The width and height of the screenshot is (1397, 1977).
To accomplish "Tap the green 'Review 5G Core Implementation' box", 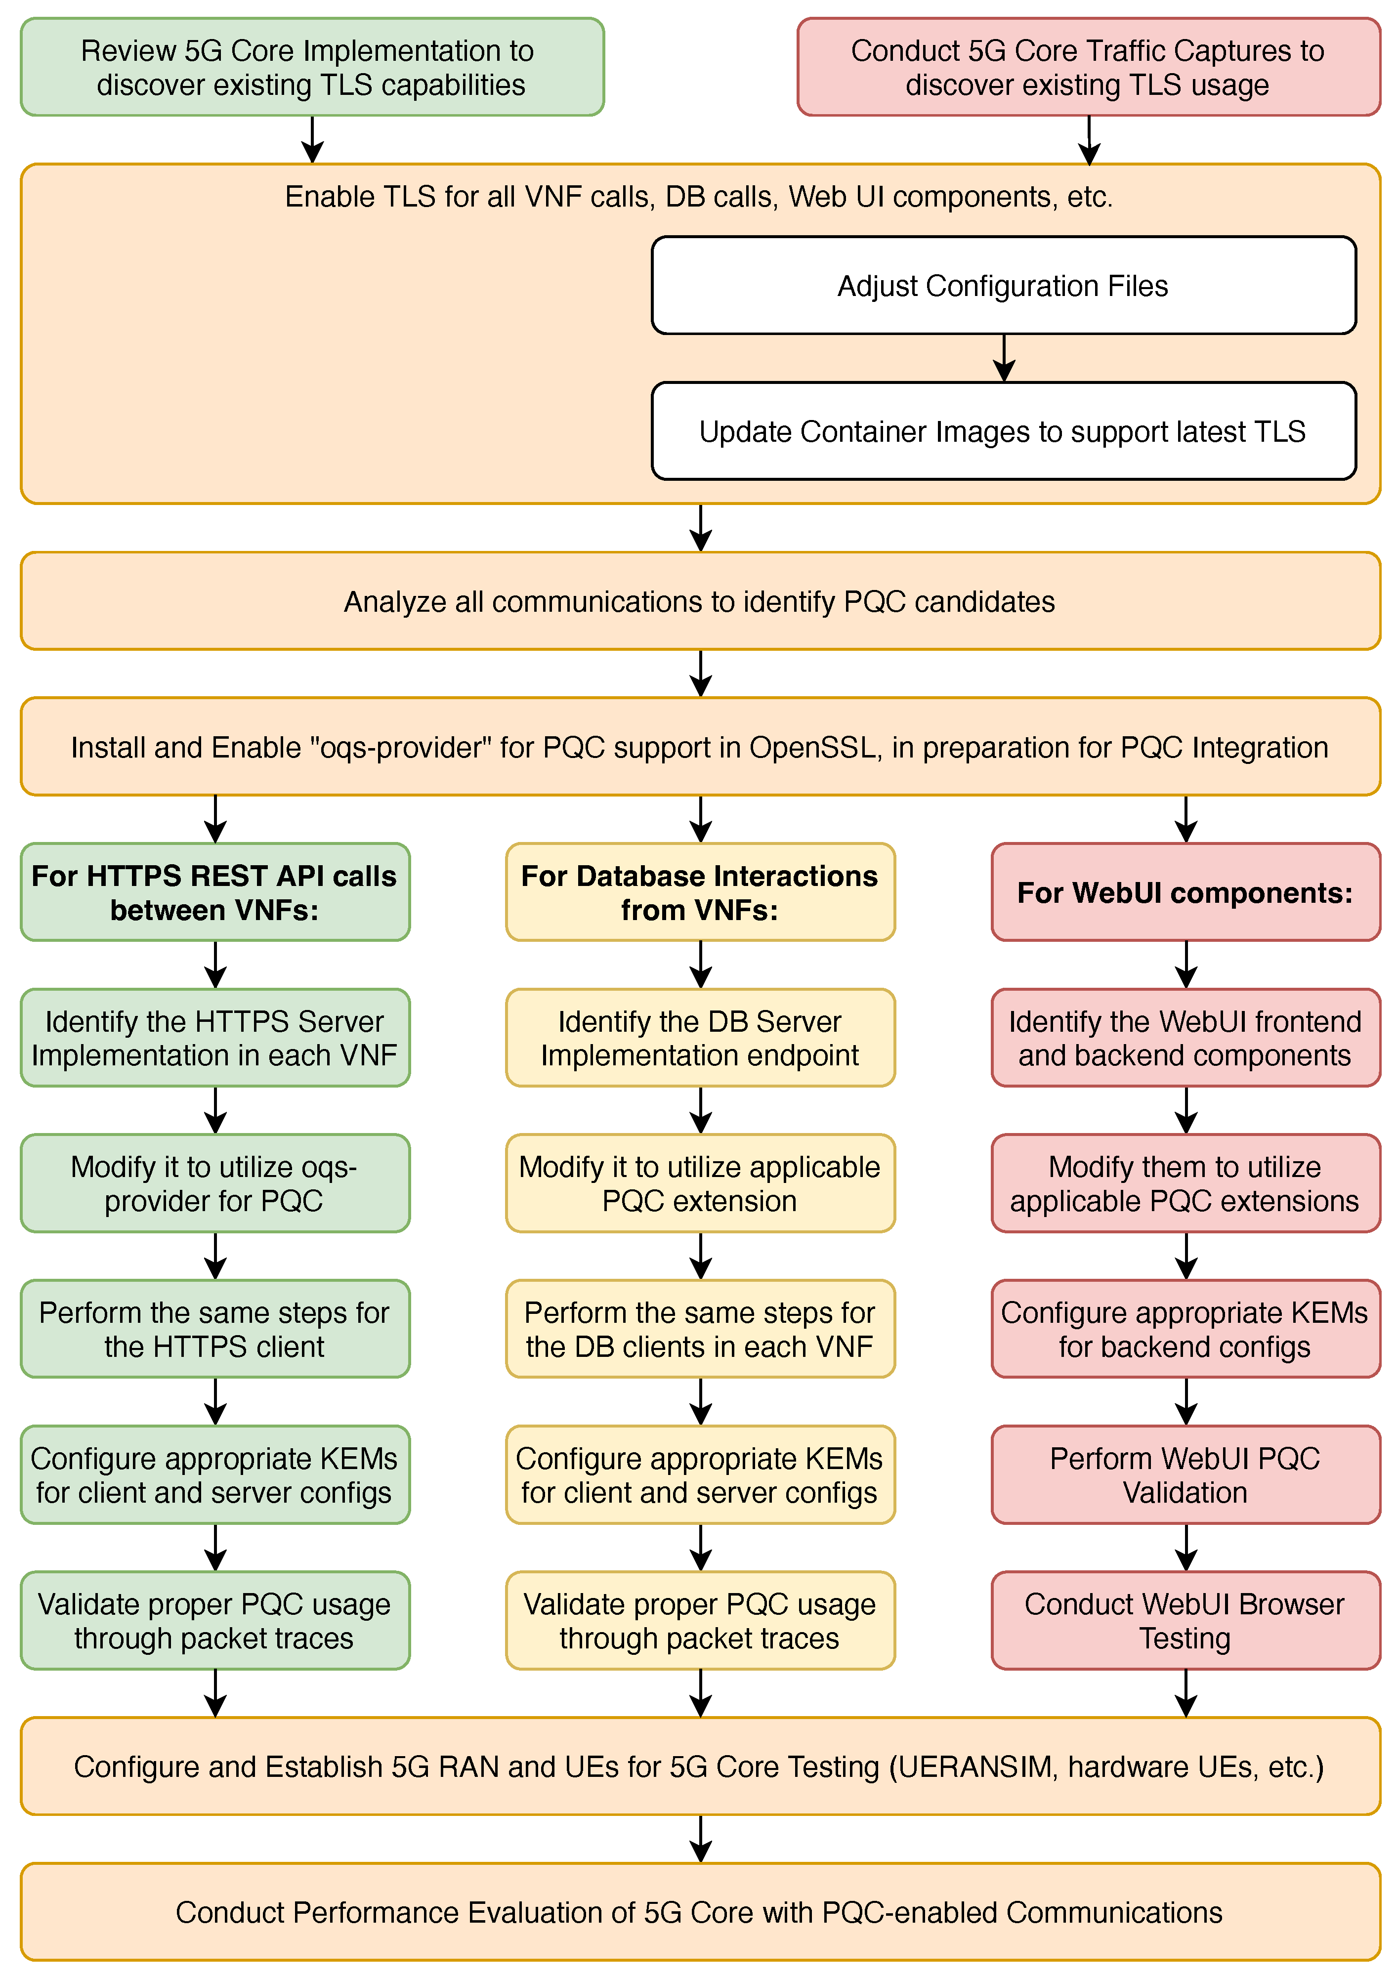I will (x=312, y=67).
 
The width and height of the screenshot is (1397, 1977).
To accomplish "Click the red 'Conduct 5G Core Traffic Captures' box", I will (x=1088, y=67).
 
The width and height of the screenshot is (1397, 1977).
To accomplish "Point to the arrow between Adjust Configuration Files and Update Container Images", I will (x=1004, y=357).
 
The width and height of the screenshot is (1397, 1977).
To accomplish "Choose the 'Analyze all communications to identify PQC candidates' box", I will (x=699, y=601).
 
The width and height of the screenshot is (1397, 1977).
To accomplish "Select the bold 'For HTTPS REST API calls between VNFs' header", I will (x=214, y=892).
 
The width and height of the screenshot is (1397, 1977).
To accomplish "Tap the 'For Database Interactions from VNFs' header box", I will (x=699, y=892).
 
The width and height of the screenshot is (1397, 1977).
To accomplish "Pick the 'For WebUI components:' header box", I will (x=1185, y=892).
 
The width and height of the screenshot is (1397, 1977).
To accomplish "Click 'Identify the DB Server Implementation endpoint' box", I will (x=699, y=1038).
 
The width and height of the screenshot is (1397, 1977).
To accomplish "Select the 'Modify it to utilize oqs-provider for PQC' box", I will (x=214, y=1183).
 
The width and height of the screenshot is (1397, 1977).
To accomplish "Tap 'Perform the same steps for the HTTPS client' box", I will (x=214, y=1329).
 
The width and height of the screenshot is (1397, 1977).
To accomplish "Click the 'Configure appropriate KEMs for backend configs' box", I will (x=1185, y=1329).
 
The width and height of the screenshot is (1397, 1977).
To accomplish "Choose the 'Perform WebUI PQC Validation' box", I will (x=1185, y=1474).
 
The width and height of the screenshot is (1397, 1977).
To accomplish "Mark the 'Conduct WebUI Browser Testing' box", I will (x=1185, y=1621).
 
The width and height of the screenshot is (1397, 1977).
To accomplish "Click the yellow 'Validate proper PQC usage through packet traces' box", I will (x=699, y=1621).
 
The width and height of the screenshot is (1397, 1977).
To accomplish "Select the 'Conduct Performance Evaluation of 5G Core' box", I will (x=699, y=1912).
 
